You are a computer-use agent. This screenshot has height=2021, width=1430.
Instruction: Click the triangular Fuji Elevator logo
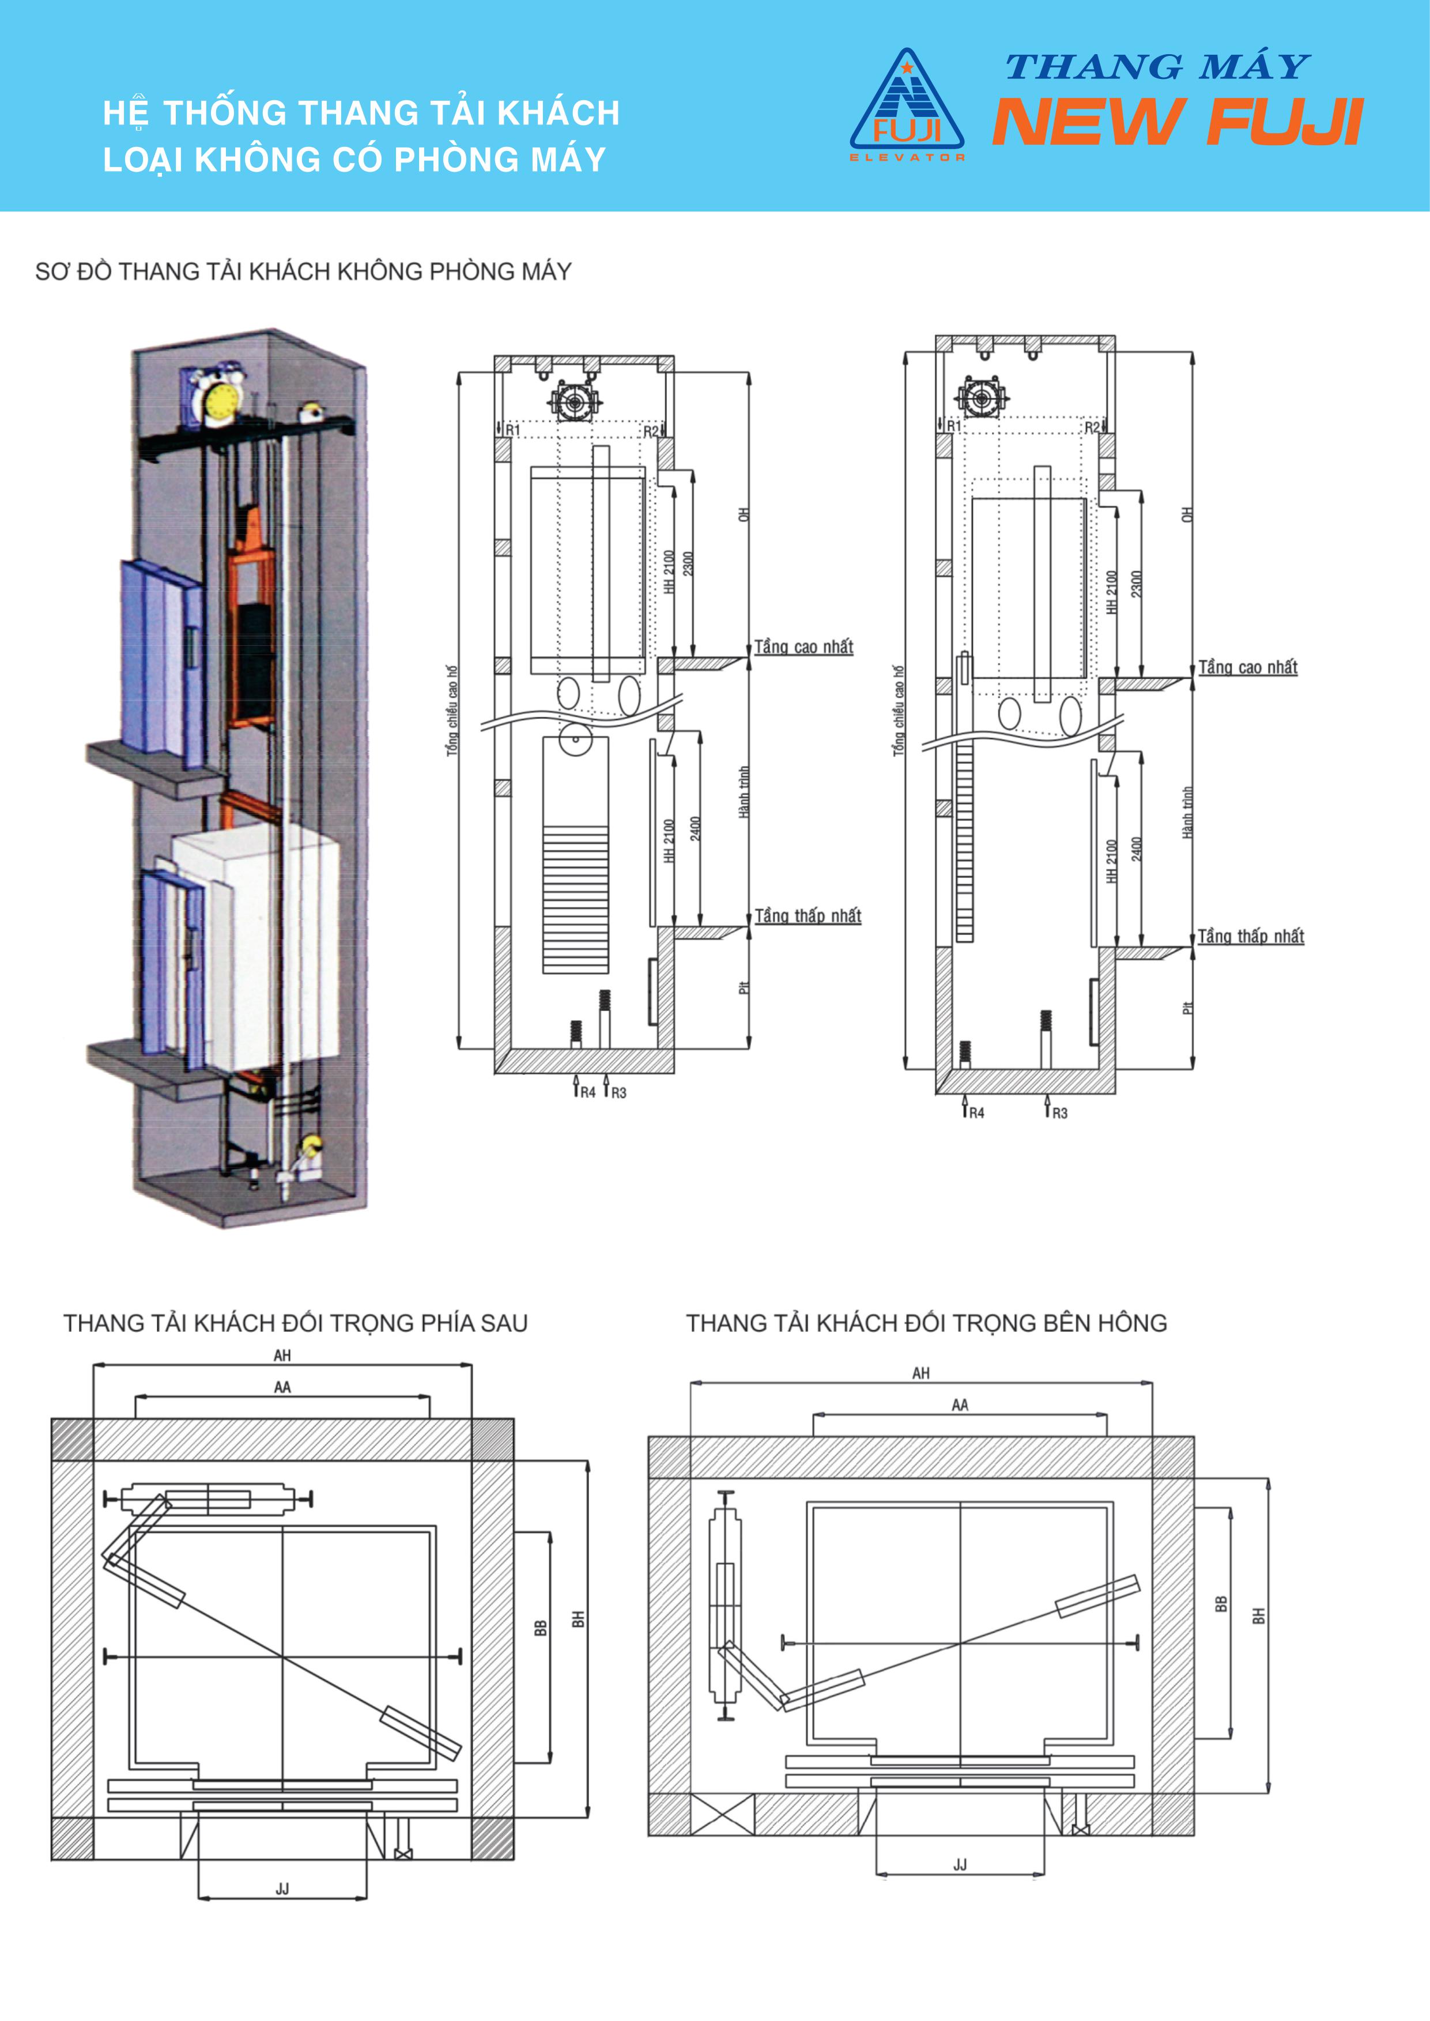coord(907,105)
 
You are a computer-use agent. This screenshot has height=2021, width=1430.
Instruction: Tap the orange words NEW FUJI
coord(1178,122)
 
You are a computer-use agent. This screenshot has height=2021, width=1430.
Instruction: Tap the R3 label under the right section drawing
coord(1059,1114)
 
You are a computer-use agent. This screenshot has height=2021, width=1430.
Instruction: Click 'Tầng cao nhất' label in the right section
coord(1248,667)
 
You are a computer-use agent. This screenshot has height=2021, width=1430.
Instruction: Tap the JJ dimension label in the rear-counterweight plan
coord(282,1889)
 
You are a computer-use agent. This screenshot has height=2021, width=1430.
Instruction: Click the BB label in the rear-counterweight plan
coord(541,1629)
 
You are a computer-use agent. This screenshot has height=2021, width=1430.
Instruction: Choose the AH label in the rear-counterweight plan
coord(282,1356)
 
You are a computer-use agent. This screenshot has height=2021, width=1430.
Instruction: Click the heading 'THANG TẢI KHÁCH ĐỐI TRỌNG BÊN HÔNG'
coord(926,1323)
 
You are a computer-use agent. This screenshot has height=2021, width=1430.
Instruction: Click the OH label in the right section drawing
coord(1186,513)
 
